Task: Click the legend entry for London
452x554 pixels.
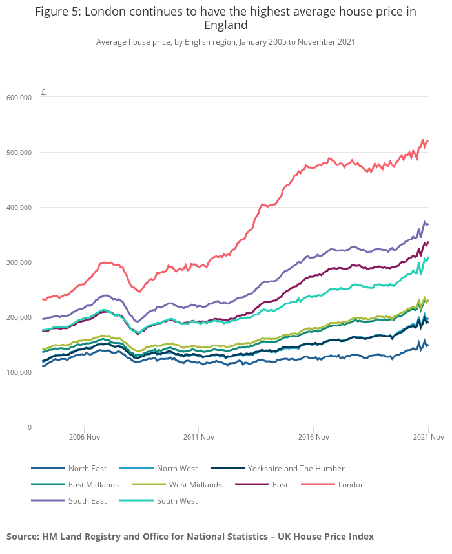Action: coord(351,485)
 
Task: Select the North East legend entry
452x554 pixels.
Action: coord(87,469)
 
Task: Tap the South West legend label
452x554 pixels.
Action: coord(177,501)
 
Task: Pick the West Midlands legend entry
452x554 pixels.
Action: coord(195,485)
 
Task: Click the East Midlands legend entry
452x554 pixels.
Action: coord(93,485)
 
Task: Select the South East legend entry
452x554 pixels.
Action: coord(87,501)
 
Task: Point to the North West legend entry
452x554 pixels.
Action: coord(177,469)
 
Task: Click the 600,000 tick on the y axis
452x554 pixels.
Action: coord(19,98)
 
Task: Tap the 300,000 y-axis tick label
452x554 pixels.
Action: coord(19,262)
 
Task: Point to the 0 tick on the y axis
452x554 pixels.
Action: coord(29,427)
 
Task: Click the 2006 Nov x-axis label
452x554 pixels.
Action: coord(84,438)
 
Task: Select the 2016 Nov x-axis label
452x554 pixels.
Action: coord(313,438)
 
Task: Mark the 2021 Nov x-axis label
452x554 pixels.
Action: coord(429,438)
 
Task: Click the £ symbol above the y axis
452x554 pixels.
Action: coord(43,92)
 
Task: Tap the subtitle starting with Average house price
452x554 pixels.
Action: coord(225,42)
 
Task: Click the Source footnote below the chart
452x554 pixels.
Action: coord(190,537)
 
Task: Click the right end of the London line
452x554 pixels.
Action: coord(428,141)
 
